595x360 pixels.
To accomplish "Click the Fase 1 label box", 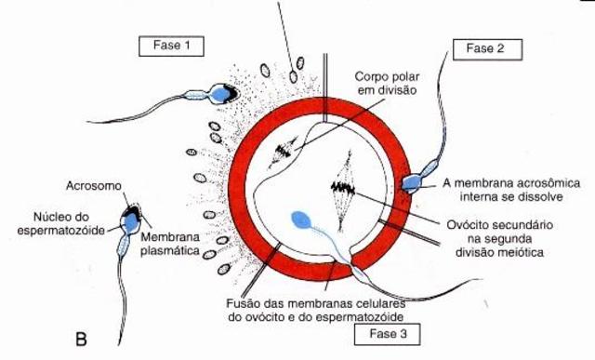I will [x=170, y=45].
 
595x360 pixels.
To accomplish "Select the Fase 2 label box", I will [x=485, y=48].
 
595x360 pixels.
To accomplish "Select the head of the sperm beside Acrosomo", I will [x=130, y=220].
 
